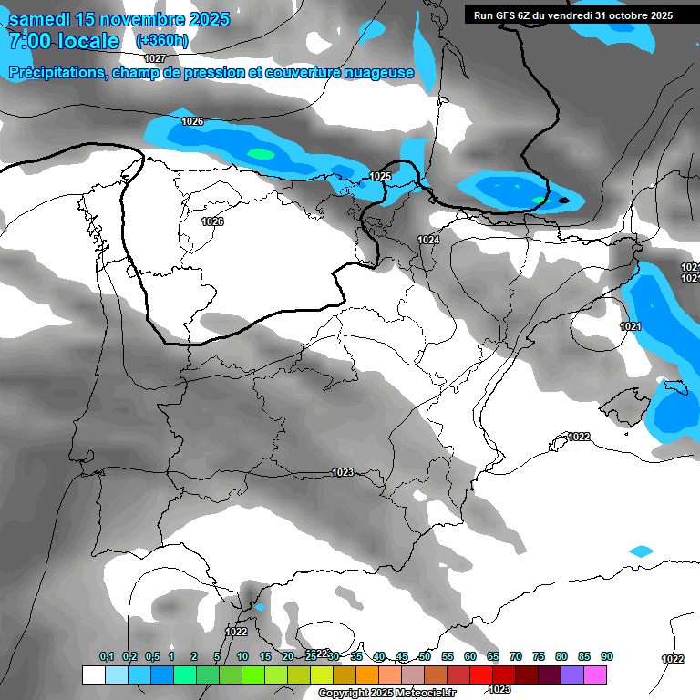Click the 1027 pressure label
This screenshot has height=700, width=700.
pyautogui.click(x=155, y=58)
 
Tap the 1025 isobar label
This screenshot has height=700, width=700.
pyautogui.click(x=380, y=176)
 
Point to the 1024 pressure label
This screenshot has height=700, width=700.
pyautogui.click(x=428, y=240)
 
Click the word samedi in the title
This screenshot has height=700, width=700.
pyautogui.click(x=43, y=19)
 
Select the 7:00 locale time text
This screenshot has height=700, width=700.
pyautogui.click(x=64, y=41)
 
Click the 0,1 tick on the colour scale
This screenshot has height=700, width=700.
pyautogui.click(x=107, y=657)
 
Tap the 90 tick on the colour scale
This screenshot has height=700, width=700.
pyautogui.click(x=607, y=657)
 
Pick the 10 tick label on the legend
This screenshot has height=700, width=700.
pyautogui.click(x=242, y=657)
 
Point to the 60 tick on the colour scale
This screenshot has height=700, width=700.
pyautogui.click(x=470, y=657)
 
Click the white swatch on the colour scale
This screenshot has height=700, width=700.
pyautogui.click(x=93, y=674)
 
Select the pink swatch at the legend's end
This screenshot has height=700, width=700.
pyautogui.click(x=595, y=674)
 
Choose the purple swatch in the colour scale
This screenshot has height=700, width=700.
pyautogui.click(x=572, y=674)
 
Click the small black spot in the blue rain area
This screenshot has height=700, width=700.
pyautogui.click(x=563, y=200)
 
